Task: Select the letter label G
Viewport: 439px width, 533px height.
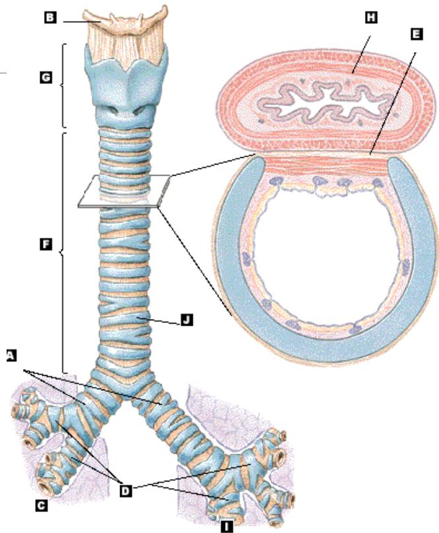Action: point(45,77)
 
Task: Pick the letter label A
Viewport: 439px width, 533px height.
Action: point(10,355)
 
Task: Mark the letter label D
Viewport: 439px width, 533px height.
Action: point(126,490)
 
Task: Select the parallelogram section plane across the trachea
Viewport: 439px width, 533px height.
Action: point(122,192)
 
